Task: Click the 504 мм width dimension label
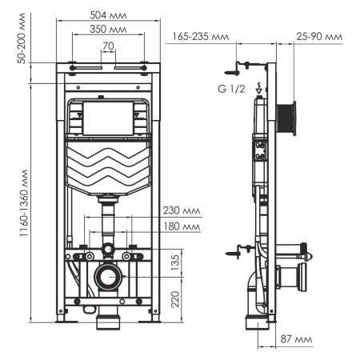[x=107, y=14]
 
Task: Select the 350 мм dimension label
[x=108, y=30]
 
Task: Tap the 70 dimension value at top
[x=108, y=46]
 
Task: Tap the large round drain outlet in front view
[x=108, y=279]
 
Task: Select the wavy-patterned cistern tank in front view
[x=108, y=169]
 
